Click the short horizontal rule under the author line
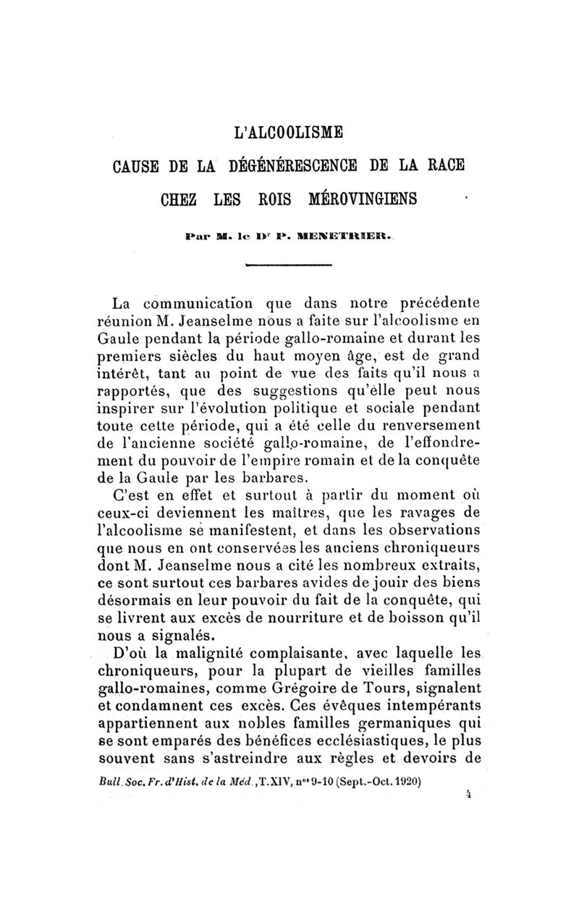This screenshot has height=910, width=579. tap(289, 266)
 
